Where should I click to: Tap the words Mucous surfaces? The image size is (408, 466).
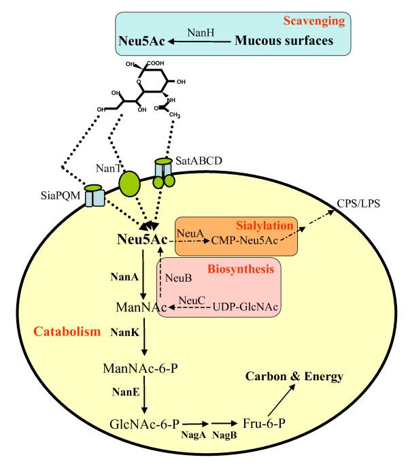pos(286,41)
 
